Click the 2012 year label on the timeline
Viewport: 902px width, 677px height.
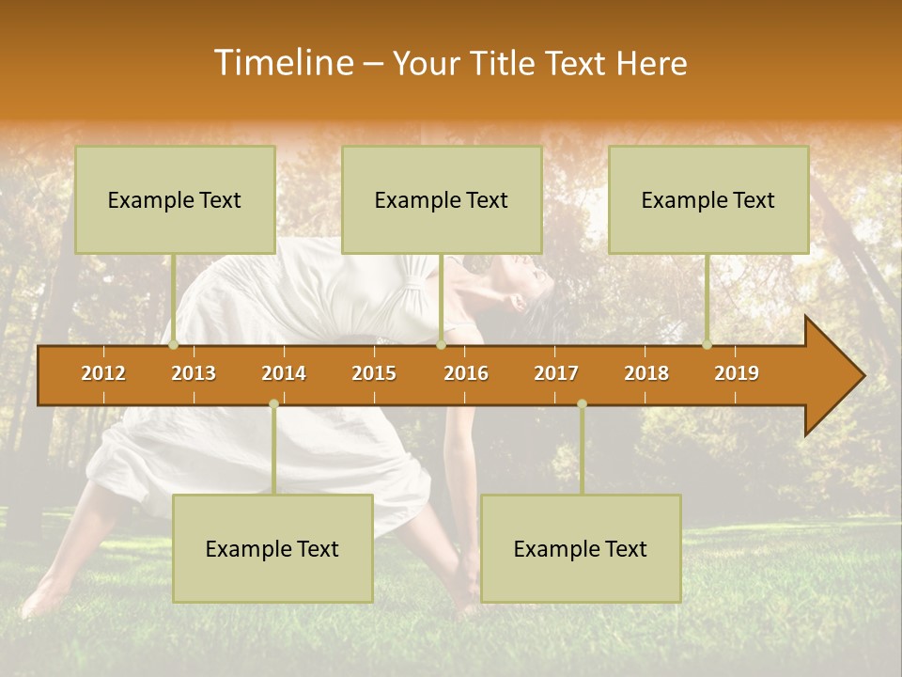click(x=103, y=373)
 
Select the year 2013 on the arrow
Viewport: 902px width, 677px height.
click(x=194, y=373)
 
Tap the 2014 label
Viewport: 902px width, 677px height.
click(x=284, y=373)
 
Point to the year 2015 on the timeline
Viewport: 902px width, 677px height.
click(x=374, y=373)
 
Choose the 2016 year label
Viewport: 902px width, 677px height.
click(x=466, y=373)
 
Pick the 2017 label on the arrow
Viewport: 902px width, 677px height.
click(x=556, y=373)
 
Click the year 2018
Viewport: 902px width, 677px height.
click(x=646, y=373)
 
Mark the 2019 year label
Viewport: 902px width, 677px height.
click(x=737, y=373)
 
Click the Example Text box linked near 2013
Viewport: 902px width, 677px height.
click(x=175, y=200)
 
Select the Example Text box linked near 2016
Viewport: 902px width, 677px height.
click(x=442, y=200)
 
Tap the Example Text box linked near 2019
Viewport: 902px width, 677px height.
click(x=708, y=200)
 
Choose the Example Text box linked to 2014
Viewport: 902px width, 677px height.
click(x=272, y=549)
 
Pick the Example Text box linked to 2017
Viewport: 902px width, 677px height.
click(x=581, y=549)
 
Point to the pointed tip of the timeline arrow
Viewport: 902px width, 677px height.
click(x=862, y=376)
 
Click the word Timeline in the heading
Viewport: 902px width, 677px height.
click(x=283, y=63)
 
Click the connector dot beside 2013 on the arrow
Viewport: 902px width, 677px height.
click(x=173, y=345)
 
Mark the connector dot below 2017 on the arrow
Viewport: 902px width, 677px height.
click(x=582, y=404)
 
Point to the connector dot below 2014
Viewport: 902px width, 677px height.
click(x=273, y=404)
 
